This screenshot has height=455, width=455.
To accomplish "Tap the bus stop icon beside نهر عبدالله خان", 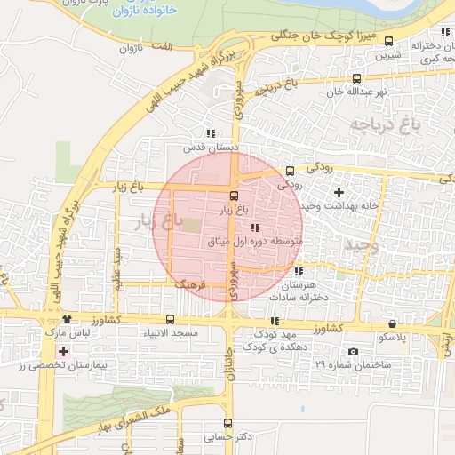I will [x=356, y=78].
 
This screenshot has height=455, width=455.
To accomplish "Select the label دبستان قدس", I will [x=207, y=147].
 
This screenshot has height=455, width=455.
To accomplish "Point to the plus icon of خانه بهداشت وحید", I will [x=338, y=192].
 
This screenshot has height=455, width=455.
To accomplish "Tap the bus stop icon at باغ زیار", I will [x=234, y=196].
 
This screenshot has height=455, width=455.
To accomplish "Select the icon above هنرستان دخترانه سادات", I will [x=299, y=271].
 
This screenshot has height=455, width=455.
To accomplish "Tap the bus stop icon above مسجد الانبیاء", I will [x=170, y=319].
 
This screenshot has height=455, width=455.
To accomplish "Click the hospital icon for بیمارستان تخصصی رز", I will [x=63, y=351].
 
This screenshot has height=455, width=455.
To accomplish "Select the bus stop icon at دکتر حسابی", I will [x=228, y=423].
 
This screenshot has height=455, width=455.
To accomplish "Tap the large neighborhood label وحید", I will [x=363, y=245].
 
